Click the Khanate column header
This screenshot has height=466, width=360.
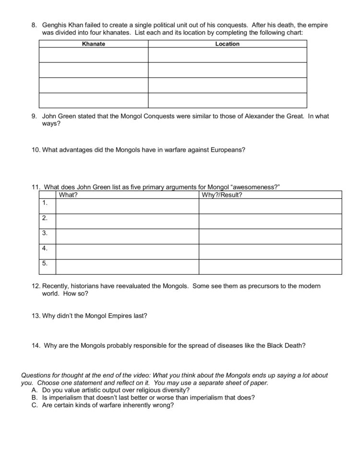point(94,44)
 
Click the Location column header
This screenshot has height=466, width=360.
point(227,44)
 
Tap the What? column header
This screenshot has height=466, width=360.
point(68,195)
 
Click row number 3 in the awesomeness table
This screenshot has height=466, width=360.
point(45,233)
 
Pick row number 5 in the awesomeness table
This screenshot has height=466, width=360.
point(45,263)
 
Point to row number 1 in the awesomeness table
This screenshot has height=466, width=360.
point(45,203)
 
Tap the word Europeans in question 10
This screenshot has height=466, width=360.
point(227,149)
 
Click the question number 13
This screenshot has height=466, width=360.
point(36,316)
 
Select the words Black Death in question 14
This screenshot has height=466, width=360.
point(285,345)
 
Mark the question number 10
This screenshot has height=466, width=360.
point(36,149)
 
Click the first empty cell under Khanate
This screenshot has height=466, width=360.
point(94,55)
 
